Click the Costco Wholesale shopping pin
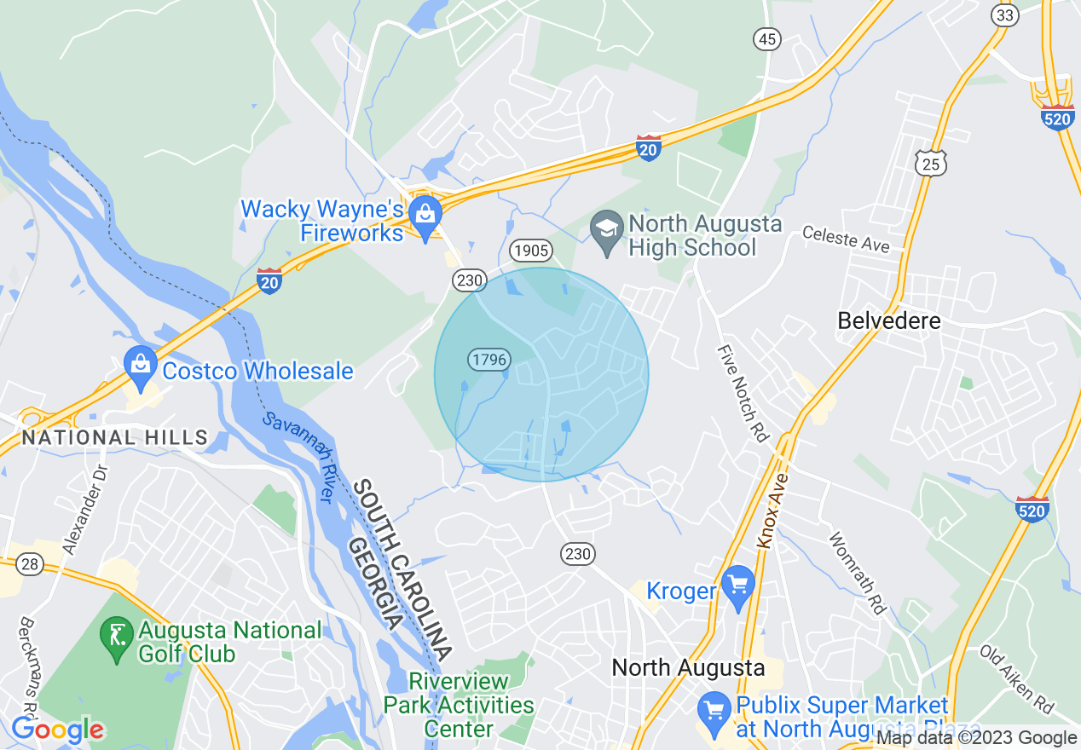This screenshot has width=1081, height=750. [x=139, y=364]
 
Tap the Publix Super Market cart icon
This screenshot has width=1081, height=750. [x=712, y=708]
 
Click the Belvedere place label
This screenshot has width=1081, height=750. [x=889, y=321]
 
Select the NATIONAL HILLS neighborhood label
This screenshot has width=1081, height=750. [x=114, y=438]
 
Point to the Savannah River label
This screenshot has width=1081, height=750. [x=298, y=458]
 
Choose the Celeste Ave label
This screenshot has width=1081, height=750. [x=846, y=239]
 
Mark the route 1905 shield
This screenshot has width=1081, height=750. [x=531, y=251]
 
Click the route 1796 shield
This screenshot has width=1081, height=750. [x=488, y=360]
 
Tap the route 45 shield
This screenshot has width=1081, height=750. [x=767, y=38]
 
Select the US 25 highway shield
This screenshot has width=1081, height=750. [x=933, y=164]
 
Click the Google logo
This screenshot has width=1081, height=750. [x=58, y=730]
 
